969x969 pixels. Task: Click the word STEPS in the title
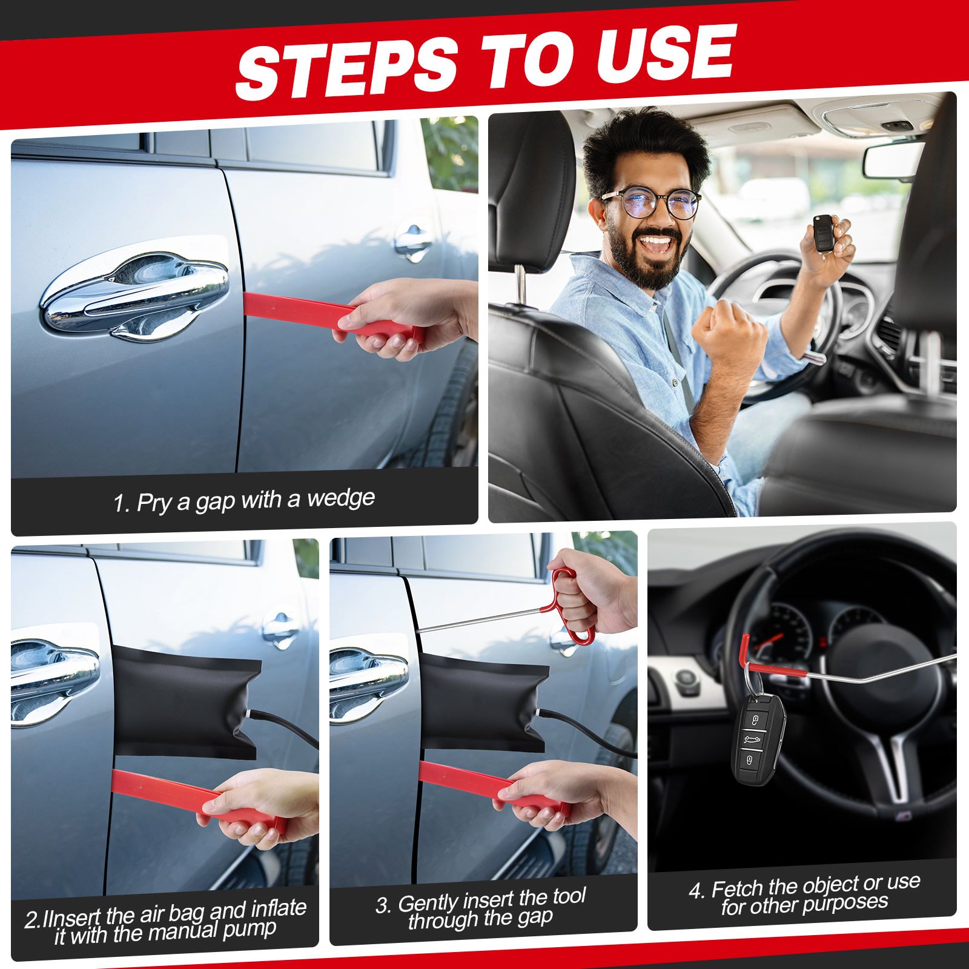346,65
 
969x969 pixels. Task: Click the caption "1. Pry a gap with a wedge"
244,501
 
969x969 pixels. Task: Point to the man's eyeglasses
651,203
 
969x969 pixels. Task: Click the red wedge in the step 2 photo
200,799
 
